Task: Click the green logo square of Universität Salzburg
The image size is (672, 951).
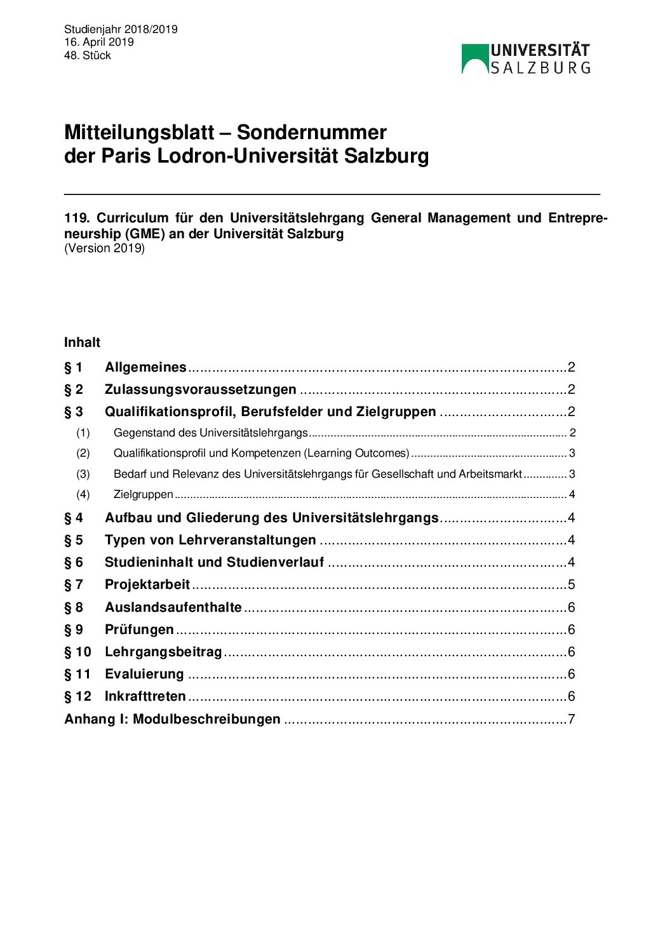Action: [x=474, y=58]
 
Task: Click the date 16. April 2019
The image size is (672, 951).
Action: [x=99, y=42]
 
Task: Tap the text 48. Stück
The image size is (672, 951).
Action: [x=88, y=55]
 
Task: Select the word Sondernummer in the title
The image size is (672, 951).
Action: [x=311, y=132]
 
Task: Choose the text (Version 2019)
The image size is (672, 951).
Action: [x=104, y=248]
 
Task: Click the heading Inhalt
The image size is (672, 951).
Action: [x=82, y=342]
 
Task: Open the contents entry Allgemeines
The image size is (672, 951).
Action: [x=145, y=367]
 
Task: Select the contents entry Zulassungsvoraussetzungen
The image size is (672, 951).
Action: [x=200, y=389]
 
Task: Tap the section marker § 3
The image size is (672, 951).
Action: [x=74, y=412]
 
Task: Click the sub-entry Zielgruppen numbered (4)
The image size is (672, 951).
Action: [x=143, y=494]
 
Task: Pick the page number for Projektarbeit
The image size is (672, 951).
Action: [x=571, y=584]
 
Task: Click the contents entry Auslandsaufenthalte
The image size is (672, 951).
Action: [x=173, y=607]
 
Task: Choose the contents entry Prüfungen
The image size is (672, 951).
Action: [x=139, y=630]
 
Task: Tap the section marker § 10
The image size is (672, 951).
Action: [x=77, y=652]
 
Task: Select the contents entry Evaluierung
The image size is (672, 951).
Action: [x=144, y=674]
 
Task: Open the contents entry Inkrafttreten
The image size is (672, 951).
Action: [x=145, y=696]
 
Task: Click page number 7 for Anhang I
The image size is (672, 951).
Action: [x=571, y=719]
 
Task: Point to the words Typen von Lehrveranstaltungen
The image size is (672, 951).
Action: [x=210, y=540]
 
